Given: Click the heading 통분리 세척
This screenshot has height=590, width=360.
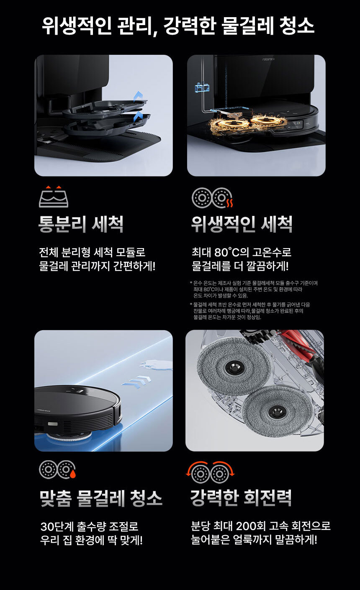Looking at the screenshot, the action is [81, 224].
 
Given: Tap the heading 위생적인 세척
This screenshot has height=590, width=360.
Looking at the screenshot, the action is [242, 224].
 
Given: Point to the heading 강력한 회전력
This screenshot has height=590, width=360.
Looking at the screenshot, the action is [241, 498].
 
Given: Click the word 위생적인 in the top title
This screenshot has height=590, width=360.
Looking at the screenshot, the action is [77, 26].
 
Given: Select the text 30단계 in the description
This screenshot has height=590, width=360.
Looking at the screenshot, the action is [57, 527].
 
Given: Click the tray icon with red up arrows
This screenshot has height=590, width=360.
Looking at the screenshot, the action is [54, 197].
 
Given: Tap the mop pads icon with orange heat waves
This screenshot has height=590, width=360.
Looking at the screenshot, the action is [212, 198].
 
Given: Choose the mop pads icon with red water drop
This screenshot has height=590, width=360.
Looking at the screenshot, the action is [57, 469].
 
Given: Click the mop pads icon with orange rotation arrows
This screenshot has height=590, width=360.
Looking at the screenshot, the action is [210, 472].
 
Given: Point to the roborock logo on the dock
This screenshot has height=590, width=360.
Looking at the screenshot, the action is [269, 59].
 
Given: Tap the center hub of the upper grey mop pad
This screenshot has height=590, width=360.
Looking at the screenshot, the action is [234, 367].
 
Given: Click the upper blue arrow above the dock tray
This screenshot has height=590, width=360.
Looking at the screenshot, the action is [138, 96].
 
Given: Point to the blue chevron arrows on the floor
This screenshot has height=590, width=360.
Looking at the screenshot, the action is [136, 382].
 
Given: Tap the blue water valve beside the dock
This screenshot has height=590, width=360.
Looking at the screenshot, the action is [202, 88].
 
